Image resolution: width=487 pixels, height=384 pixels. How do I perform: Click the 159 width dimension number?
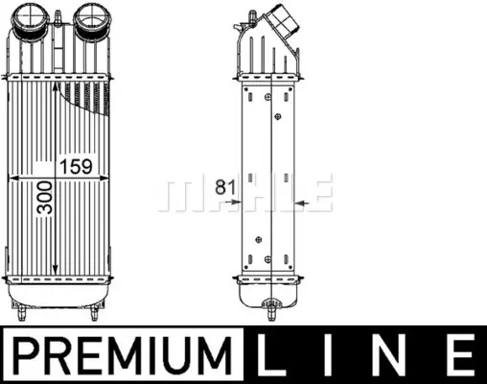click(x=76, y=166)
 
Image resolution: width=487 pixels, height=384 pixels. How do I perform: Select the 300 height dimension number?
click(x=45, y=198)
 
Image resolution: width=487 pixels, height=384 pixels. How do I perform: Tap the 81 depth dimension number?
click(x=225, y=187)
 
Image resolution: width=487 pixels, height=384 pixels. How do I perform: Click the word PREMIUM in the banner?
click(x=123, y=355)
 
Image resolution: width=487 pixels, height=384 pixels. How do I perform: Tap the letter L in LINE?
click(x=271, y=355)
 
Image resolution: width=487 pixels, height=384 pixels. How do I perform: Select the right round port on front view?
click(x=92, y=18)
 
